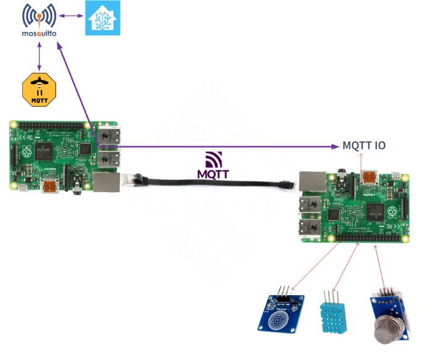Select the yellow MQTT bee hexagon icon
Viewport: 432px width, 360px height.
coord(39,90)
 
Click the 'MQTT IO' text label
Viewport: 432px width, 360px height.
coord(364,146)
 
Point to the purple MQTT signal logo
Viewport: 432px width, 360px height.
coord(213,165)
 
